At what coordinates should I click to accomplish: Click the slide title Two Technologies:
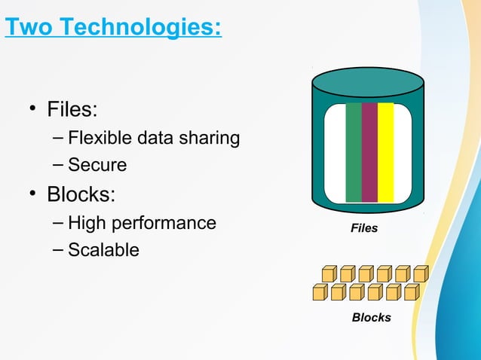pos(113,29)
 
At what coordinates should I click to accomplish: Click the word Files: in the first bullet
pos(72,110)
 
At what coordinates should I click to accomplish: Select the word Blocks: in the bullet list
pos(81,195)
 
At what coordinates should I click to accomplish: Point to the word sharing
pos(210,139)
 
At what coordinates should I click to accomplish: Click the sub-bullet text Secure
pos(97,164)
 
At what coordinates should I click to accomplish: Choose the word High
pos(86,223)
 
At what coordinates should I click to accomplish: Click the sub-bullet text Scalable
pos(103,250)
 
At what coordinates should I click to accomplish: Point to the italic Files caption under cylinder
pos(364,227)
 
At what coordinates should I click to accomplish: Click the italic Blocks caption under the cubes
pos(371,318)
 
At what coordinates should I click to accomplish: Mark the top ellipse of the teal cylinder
pos(368,81)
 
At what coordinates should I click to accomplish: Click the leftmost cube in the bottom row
pos(320,291)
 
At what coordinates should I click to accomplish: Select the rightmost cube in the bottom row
pos(411,291)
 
